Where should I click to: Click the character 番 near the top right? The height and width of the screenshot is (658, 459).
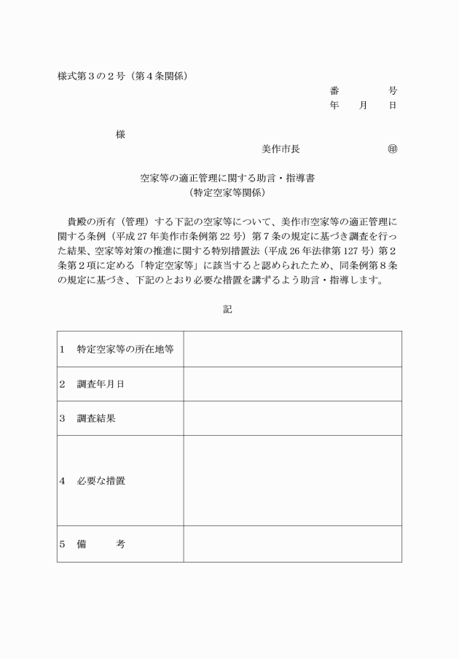click(334, 91)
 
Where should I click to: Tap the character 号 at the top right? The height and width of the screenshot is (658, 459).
click(393, 91)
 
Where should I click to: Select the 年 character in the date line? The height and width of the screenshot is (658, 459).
click(334, 106)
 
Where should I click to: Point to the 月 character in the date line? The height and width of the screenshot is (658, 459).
click(364, 106)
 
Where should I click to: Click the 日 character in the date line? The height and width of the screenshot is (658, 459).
click(393, 106)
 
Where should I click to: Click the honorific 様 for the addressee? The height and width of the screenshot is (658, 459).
click(120, 134)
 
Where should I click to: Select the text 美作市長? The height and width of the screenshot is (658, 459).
click(280, 149)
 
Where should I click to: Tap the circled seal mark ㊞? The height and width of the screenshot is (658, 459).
click(393, 149)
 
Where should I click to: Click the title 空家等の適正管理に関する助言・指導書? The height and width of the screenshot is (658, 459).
click(227, 178)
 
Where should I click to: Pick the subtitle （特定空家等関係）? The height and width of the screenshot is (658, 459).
click(227, 192)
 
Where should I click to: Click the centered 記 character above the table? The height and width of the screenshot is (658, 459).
click(227, 309)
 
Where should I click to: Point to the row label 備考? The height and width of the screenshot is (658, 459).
click(101, 544)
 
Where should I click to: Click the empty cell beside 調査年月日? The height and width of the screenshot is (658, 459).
click(292, 384)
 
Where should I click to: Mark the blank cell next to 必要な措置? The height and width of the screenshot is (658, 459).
click(292, 481)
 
